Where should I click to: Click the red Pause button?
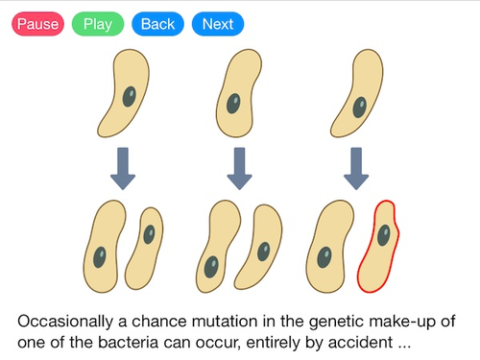[x=37, y=24]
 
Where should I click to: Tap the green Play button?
[x=97, y=24]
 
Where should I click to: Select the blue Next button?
[x=217, y=24]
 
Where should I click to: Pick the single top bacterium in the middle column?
[x=238, y=92]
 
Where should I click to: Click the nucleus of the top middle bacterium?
[x=233, y=102]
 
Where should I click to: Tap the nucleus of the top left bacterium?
[x=129, y=98]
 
